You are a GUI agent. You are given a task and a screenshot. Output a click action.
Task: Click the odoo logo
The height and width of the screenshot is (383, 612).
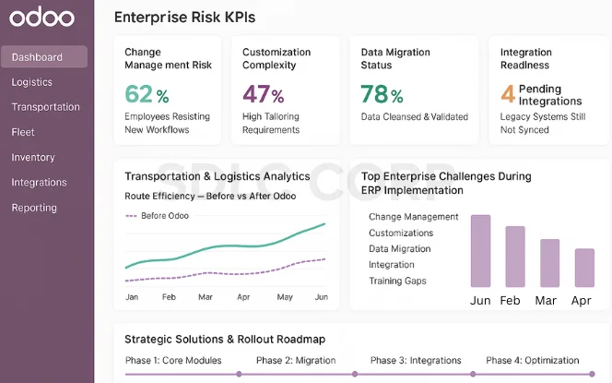36,18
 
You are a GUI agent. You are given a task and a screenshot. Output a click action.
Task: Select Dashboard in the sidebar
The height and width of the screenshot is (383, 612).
38,57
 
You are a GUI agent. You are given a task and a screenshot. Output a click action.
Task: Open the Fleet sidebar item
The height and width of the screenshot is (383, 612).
23,132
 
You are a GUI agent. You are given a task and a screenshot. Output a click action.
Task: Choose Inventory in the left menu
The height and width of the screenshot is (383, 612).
33,158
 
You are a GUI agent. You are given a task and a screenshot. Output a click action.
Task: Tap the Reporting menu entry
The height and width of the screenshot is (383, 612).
34,208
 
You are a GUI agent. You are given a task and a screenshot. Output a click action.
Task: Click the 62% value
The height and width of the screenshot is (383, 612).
147,95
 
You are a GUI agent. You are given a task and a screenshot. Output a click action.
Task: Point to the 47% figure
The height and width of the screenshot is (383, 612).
263,95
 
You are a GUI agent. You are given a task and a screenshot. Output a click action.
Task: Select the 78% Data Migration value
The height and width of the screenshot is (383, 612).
382,95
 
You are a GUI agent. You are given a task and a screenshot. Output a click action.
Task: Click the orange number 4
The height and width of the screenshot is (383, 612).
507,94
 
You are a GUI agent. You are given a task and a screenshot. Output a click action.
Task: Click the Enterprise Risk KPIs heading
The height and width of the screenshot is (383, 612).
184,17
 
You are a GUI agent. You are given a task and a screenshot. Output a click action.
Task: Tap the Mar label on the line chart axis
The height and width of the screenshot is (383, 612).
205,297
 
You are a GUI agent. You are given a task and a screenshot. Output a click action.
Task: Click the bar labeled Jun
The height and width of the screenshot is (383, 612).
480,251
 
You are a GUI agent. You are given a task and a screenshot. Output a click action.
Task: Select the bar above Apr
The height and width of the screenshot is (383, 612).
584,268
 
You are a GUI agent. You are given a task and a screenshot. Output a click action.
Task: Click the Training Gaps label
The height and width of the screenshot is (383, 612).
397,281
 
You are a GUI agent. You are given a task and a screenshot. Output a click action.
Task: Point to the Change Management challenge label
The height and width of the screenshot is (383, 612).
413,217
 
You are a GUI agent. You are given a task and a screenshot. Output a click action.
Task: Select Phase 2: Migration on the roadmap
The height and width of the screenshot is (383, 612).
296,360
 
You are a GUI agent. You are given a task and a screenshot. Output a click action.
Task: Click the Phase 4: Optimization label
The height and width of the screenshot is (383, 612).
533,360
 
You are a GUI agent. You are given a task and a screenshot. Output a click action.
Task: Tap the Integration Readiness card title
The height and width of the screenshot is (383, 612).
525,59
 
